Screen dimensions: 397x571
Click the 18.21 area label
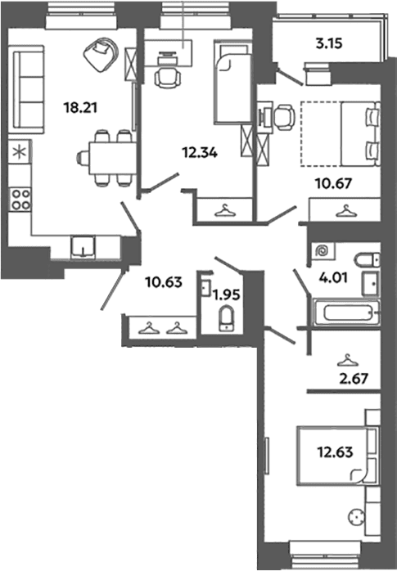[x=80, y=108]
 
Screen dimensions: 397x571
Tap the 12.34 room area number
[x=200, y=153]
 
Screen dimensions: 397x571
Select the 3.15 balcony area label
[x=329, y=43]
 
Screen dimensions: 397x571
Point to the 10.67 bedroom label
[x=334, y=183]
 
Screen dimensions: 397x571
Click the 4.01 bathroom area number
[x=334, y=277]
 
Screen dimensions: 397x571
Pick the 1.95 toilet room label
[x=227, y=295]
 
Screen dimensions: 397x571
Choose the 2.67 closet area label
[x=354, y=379]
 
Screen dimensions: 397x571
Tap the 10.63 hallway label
[x=164, y=282]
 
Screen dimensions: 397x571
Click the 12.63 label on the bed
[x=335, y=452]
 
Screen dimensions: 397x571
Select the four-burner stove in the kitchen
[x=20, y=199]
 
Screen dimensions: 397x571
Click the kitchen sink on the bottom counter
[x=83, y=247]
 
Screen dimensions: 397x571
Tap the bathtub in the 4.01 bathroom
[x=346, y=312]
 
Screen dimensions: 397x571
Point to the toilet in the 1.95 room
[x=227, y=319]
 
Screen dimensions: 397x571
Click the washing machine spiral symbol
[x=323, y=251]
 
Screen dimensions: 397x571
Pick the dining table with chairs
[x=107, y=158]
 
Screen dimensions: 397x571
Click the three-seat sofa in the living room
[x=28, y=90]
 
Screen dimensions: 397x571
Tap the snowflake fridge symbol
[x=20, y=151]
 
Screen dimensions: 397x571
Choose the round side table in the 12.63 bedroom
[x=356, y=517]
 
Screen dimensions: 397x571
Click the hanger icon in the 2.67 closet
[x=347, y=361]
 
